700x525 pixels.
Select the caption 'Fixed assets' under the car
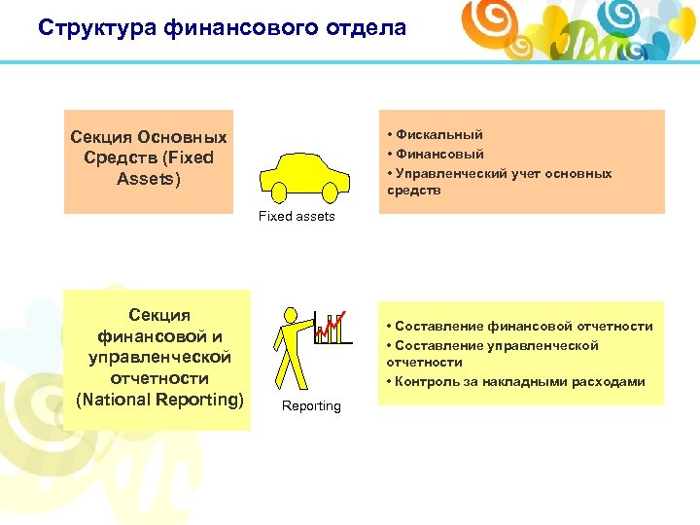pyautogui.click(x=297, y=217)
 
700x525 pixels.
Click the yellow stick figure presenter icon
pyautogui.click(x=291, y=345)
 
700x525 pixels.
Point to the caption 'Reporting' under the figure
pyautogui.click(x=311, y=406)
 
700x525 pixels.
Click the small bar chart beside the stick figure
pyautogui.click(x=332, y=329)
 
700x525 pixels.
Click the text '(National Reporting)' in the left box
pyautogui.click(x=159, y=399)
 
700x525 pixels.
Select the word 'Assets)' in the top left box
pyautogui.click(x=149, y=179)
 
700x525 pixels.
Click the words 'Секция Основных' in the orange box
pyautogui.click(x=149, y=137)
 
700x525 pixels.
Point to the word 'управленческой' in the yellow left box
pyautogui.click(x=159, y=357)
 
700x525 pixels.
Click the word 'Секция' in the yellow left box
pyautogui.click(x=159, y=315)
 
